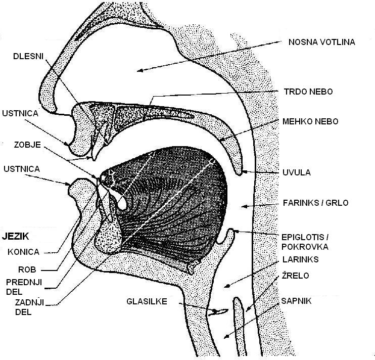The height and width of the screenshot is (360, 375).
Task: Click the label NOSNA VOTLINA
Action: [x=321, y=42]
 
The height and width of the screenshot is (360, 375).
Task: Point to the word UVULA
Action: [x=296, y=172]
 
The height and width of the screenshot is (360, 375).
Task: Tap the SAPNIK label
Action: [x=296, y=301]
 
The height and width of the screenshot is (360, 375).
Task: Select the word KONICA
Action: [x=23, y=251]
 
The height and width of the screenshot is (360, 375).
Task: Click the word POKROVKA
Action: [x=305, y=247]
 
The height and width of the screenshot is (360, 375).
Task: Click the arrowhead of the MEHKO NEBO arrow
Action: [x=221, y=139]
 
